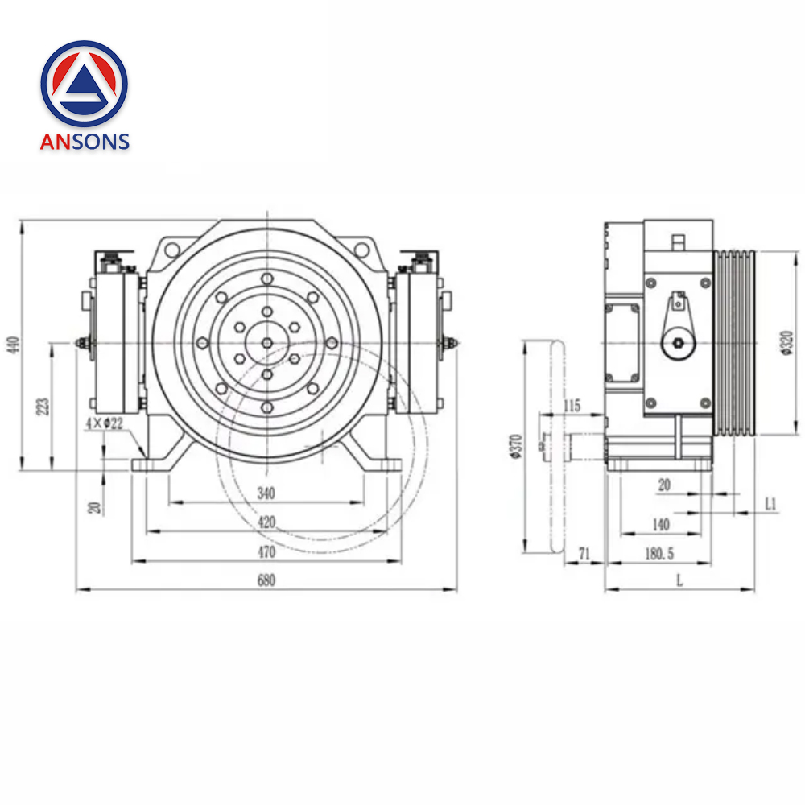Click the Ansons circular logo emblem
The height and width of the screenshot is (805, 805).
(x=85, y=84)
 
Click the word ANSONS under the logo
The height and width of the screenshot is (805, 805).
(x=85, y=142)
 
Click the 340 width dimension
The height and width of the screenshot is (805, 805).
(x=266, y=493)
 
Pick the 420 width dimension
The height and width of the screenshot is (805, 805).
(x=266, y=522)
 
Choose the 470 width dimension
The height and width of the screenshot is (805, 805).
(x=266, y=551)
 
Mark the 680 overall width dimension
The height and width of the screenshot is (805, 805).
(x=266, y=581)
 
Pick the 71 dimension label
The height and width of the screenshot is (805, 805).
(x=584, y=553)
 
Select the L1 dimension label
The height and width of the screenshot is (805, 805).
(x=770, y=504)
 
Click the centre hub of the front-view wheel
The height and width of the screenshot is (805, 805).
(x=266, y=343)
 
